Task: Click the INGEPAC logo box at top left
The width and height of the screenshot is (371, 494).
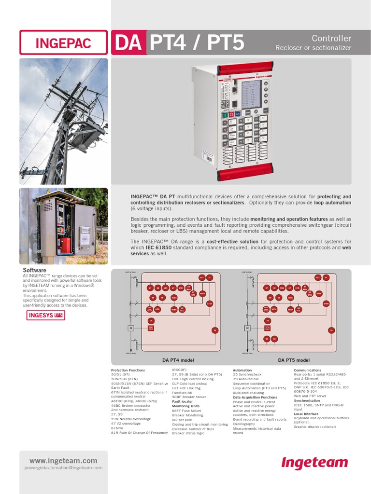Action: pos(63,42)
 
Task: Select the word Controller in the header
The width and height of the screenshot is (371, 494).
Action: pos(331,38)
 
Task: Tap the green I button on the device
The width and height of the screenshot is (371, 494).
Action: pos(225,114)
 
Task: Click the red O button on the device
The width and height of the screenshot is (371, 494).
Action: pos(231,114)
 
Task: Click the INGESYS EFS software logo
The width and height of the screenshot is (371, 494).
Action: pos(45,316)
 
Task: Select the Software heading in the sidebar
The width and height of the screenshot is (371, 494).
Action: pos(35,270)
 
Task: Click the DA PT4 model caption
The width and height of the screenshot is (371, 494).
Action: pos(178,360)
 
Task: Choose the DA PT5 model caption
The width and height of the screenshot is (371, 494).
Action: pos(294,360)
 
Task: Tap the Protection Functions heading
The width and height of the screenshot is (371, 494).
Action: pos(128,370)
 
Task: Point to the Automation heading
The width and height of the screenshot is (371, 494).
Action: pos(242,370)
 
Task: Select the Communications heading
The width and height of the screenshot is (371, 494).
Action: pos(307,370)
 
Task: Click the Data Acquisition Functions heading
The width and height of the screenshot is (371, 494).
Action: pos(255,397)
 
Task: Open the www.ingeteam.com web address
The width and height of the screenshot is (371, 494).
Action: pos(63,461)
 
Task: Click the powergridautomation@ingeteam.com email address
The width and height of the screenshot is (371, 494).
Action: pos(63,467)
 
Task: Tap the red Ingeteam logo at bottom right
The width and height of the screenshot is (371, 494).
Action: pos(314,463)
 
